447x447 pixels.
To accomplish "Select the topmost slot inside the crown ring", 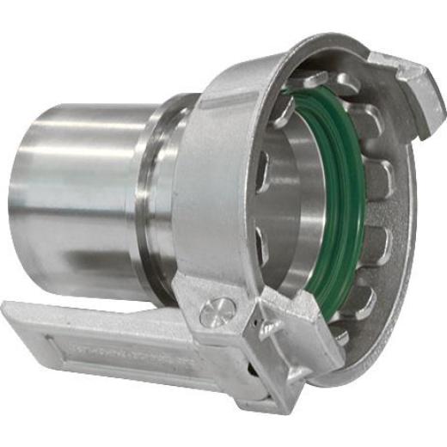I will click(340, 82).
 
